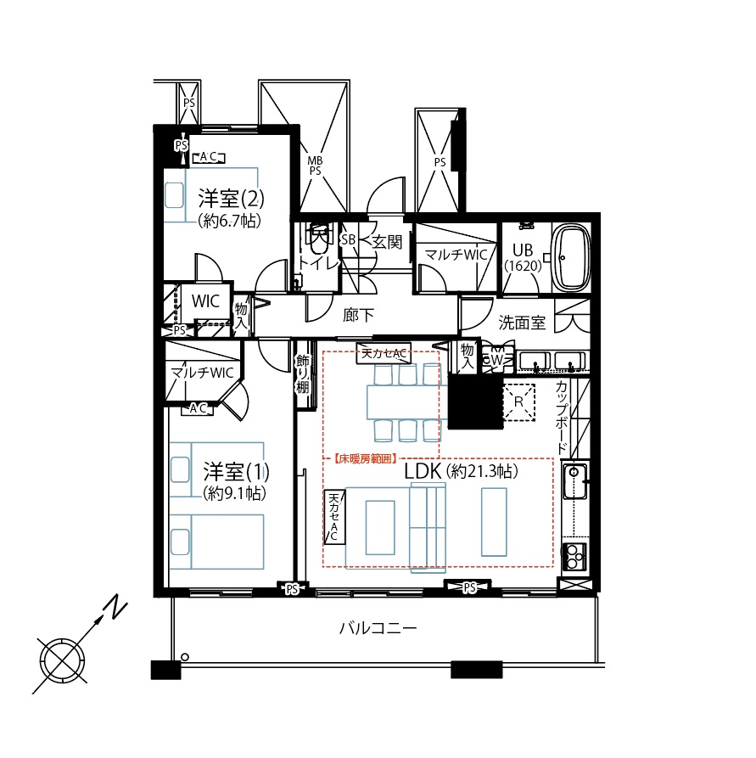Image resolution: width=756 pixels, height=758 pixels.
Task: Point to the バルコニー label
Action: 378,628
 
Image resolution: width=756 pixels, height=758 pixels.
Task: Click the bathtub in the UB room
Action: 571,258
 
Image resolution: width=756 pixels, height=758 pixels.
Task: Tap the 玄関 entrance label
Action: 387,241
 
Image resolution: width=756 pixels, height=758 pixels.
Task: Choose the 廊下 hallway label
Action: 358,315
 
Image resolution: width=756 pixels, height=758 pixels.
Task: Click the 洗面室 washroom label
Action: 522,323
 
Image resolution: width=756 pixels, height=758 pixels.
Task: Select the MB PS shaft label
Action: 315,166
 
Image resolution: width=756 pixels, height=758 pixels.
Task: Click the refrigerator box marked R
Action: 518,401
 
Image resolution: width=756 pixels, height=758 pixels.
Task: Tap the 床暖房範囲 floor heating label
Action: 366,458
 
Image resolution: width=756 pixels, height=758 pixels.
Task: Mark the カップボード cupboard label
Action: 561,417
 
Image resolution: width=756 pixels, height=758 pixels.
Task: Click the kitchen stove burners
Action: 574,557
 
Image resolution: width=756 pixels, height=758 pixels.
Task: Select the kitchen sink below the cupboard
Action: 574,481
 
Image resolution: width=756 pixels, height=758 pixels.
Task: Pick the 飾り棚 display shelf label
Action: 303,373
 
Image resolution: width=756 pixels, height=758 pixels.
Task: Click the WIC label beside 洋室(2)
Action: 205,300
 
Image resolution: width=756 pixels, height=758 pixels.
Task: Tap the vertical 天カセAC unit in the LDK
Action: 334,517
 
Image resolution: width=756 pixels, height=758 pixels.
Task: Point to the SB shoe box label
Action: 348,239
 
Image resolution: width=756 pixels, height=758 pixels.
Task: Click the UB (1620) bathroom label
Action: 523,257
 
